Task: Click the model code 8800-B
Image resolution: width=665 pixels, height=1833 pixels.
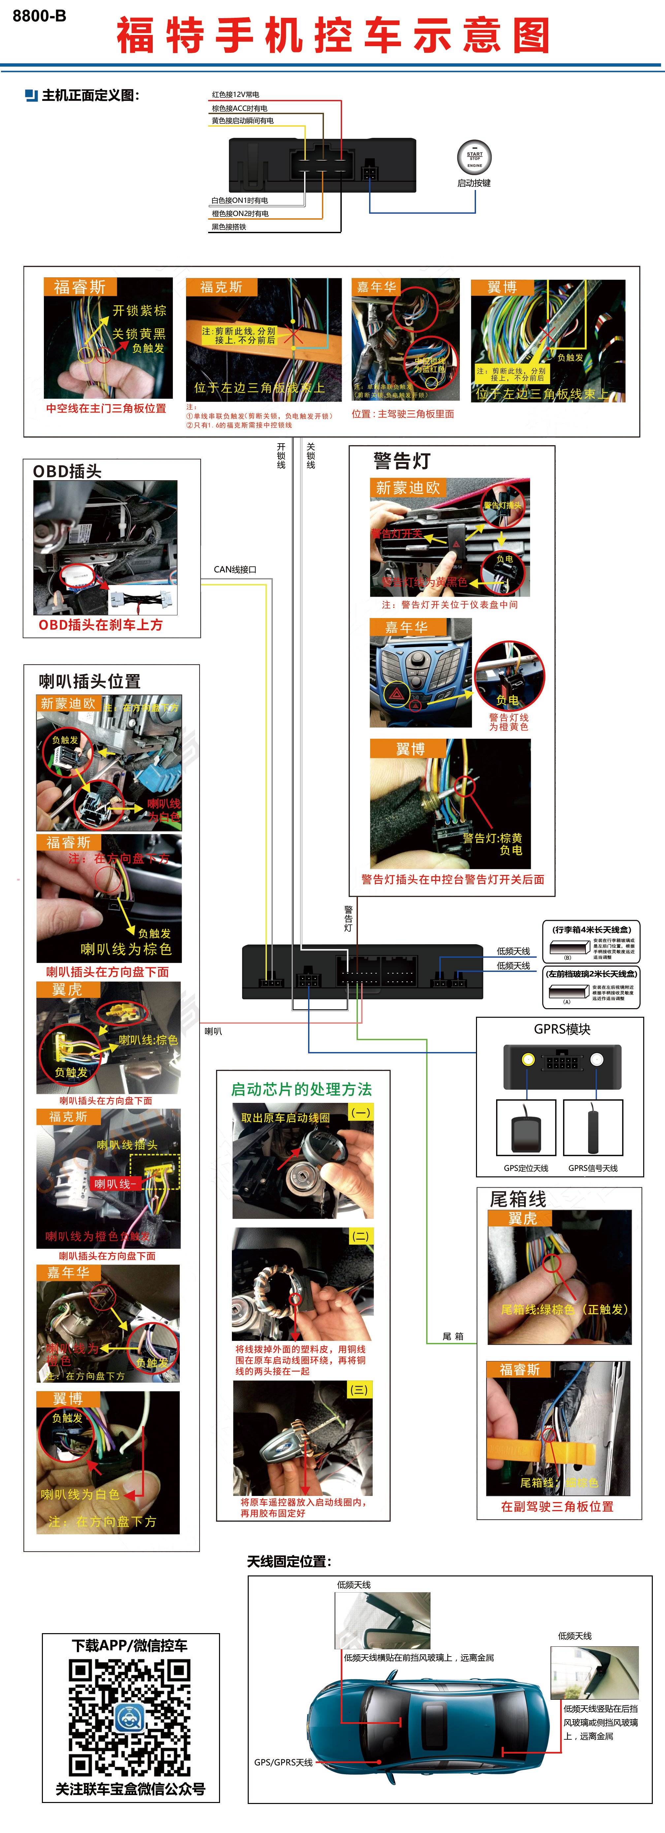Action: pos(39,16)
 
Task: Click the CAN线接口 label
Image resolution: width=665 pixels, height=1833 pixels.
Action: pos(235,569)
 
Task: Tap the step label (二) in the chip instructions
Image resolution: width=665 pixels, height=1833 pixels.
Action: pos(360,1236)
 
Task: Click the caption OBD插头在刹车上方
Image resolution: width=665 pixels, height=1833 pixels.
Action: pos(100,625)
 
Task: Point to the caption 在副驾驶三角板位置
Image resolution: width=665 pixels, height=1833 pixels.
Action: pos(557,1507)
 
